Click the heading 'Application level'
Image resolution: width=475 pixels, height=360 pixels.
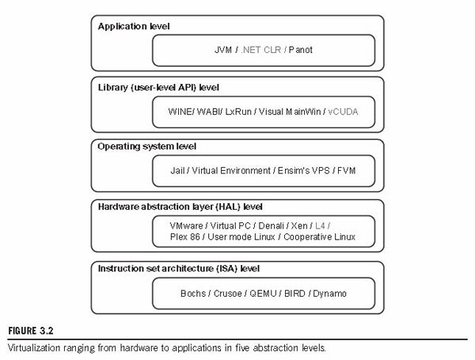tap(134, 27)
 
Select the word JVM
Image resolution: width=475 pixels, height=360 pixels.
tap(223, 50)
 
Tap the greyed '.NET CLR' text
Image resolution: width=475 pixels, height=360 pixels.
tap(260, 50)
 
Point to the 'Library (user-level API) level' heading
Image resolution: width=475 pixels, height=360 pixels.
tap(158, 88)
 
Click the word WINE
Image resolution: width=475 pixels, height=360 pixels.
tap(180, 112)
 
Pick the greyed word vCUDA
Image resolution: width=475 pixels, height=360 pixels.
tap(343, 112)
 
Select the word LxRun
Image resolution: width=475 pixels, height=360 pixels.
tap(238, 112)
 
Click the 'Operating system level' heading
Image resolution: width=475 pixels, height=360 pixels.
tap(147, 146)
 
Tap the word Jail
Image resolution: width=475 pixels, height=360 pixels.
tap(177, 171)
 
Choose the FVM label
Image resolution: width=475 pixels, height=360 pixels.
tap(346, 171)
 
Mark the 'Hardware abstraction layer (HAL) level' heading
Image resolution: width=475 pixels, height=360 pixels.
tap(180, 207)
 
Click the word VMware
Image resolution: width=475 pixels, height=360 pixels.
tap(186, 225)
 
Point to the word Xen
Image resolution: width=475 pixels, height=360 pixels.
tap(299, 225)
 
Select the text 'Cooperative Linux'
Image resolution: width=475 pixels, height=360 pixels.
tap(319, 237)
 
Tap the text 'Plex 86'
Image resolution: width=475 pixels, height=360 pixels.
tap(185, 237)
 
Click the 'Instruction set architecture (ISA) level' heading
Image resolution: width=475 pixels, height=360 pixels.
tap(179, 268)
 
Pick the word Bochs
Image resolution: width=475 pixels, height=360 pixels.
tap(193, 294)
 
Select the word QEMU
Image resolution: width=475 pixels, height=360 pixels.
tap(263, 294)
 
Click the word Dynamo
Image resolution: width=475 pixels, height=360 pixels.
tap(329, 294)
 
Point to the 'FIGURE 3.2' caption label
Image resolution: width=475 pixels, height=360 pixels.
tap(31, 331)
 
